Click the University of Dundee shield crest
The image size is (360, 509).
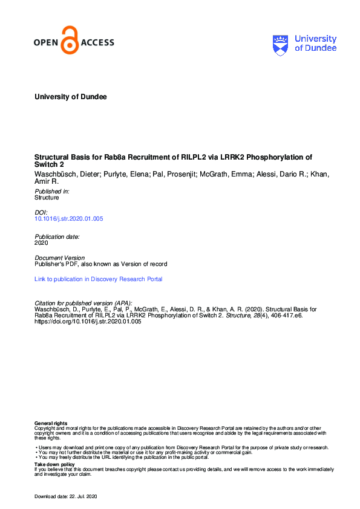pos(282,44)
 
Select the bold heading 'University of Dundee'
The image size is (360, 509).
pos(71,97)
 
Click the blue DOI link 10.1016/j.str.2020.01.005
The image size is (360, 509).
pos(69,218)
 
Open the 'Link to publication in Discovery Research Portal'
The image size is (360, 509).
pos(99,279)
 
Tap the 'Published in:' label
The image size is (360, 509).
pos(52,191)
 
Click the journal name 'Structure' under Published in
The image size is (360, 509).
pos(47,197)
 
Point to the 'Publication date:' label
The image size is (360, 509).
pos(57,236)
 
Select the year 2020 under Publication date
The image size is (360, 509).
pos(42,242)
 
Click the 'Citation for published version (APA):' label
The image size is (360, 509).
pos(83,303)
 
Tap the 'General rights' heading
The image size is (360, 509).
pos(51,423)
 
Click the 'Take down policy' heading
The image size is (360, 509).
pos(54,464)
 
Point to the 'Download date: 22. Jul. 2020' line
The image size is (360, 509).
pos(65,497)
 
